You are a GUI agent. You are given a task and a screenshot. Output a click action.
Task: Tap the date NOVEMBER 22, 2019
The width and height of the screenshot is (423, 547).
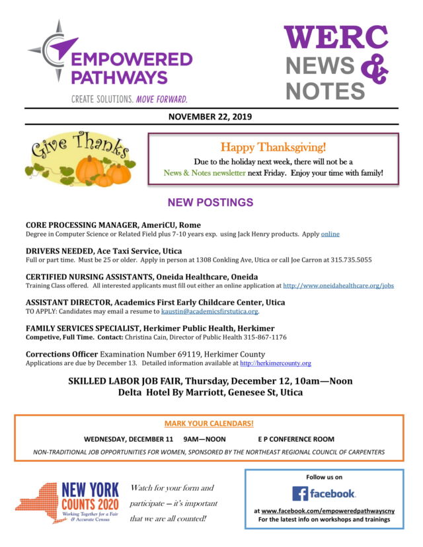point(210,117)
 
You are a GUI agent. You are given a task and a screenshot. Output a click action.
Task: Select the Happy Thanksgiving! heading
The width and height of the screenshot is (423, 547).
point(273,147)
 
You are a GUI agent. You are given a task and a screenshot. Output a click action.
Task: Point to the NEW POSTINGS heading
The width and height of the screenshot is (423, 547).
point(210,202)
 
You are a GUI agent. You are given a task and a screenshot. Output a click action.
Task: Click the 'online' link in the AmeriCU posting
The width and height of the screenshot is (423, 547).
point(330,234)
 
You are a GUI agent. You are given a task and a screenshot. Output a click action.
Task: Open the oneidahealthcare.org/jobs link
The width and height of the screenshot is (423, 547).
point(338,286)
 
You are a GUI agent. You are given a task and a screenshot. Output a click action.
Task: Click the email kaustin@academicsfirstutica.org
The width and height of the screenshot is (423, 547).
point(210,311)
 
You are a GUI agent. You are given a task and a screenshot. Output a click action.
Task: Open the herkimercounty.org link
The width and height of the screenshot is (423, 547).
point(275,363)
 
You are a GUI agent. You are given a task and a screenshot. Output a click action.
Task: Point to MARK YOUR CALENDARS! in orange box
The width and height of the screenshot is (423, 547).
point(209,423)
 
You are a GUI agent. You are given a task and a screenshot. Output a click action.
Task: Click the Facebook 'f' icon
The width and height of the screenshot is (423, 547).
point(301,493)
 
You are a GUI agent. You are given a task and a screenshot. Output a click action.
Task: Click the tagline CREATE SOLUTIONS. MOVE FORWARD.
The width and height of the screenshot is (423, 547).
point(130,98)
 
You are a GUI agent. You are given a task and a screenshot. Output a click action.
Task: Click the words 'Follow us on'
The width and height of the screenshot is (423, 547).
point(324,476)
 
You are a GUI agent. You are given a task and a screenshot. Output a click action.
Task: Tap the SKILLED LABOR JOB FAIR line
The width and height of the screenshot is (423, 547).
point(210,381)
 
